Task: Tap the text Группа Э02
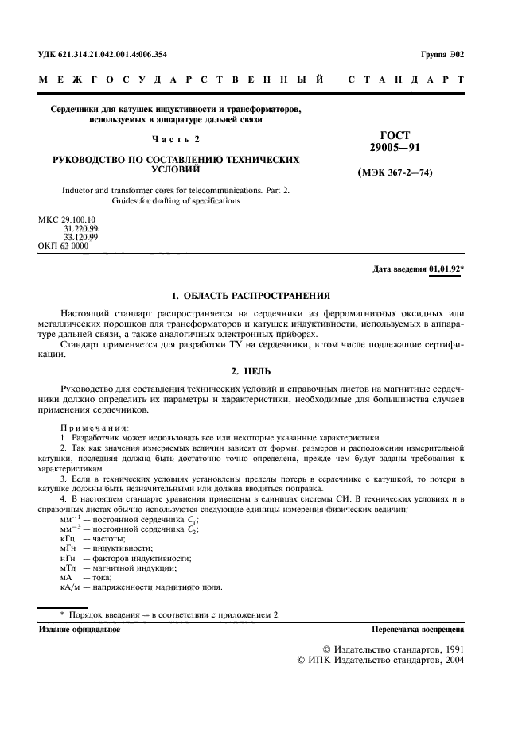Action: coord(442,55)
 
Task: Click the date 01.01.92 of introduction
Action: coord(446,269)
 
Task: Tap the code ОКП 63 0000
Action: coord(64,246)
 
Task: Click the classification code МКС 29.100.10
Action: coord(67,219)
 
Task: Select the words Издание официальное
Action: coord(80,629)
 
